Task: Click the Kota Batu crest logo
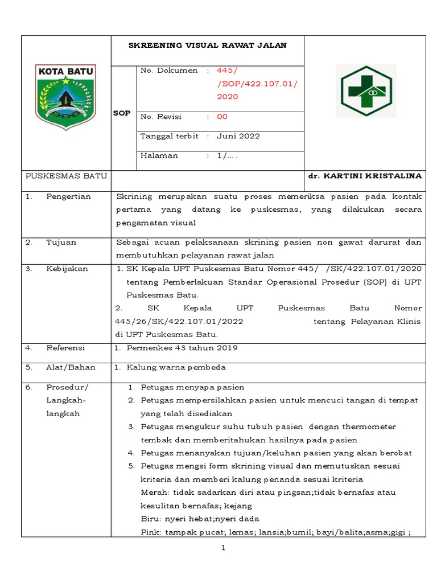tap(66, 97)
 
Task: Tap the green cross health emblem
tap(366, 91)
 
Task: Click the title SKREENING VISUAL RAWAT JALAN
tap(207, 46)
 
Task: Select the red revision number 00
tap(222, 117)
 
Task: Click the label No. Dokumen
tap(169, 71)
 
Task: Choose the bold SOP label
tap(122, 113)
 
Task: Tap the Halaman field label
tap(159, 155)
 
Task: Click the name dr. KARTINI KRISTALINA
tap(365, 176)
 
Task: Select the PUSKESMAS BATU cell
tap(67, 176)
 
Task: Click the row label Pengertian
tap(69, 196)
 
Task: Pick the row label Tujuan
tap(61, 242)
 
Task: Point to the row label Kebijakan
tap(67, 269)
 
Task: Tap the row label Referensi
tap(65, 348)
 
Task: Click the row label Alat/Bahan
tap(71, 367)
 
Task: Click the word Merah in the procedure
tap(152, 492)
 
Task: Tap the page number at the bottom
tap(224, 548)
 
